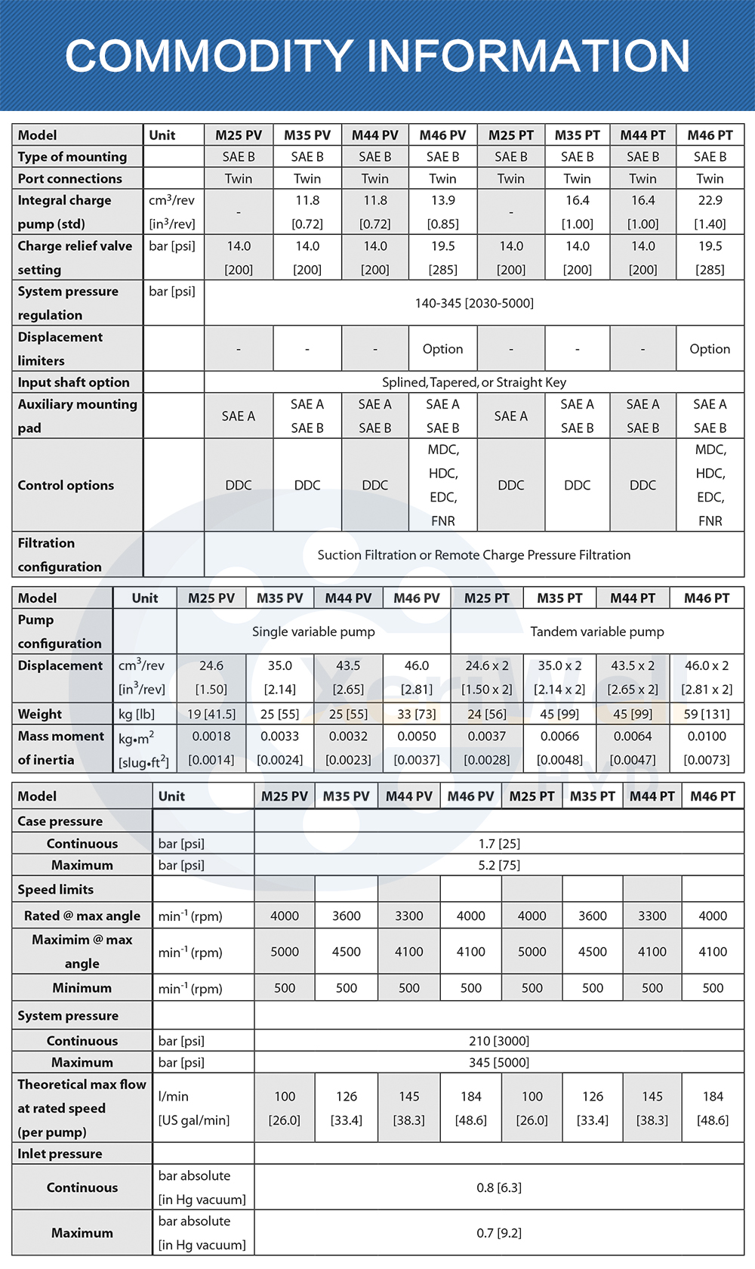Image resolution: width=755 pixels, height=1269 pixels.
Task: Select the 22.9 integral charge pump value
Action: pos(710,201)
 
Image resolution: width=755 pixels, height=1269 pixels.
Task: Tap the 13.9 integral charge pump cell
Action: pos(442,201)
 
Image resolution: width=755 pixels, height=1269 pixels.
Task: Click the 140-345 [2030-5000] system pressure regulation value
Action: pos(474,303)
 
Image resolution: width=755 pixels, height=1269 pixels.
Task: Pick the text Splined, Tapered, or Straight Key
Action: pos(474,382)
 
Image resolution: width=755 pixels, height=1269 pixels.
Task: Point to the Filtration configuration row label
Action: pos(60,554)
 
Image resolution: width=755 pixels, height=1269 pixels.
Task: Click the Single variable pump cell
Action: pos(313,631)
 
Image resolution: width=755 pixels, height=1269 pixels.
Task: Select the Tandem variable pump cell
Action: pos(597,631)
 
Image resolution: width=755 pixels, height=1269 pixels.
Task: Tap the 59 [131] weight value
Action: pos(707,714)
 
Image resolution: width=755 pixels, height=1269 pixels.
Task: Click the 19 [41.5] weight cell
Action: pos(211,714)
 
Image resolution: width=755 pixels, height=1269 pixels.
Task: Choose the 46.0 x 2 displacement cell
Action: pos(707,665)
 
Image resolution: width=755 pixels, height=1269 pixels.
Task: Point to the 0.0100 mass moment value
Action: pos(707,736)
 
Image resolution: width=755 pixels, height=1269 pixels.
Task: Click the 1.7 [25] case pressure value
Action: pos(499,844)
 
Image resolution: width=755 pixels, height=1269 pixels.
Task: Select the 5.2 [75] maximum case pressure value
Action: pos(499,865)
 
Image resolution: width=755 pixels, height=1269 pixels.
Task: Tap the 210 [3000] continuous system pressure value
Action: pos(499,1041)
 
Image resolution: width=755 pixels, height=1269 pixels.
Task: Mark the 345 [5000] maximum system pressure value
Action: pos(499,1062)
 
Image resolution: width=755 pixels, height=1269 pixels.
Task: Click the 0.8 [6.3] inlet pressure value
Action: pos(499,1187)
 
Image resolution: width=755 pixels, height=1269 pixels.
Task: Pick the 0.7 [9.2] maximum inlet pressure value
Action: pos(499,1233)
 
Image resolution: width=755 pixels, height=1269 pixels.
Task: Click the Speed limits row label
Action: pos(56,890)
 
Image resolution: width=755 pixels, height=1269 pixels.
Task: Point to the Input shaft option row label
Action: pos(74,382)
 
